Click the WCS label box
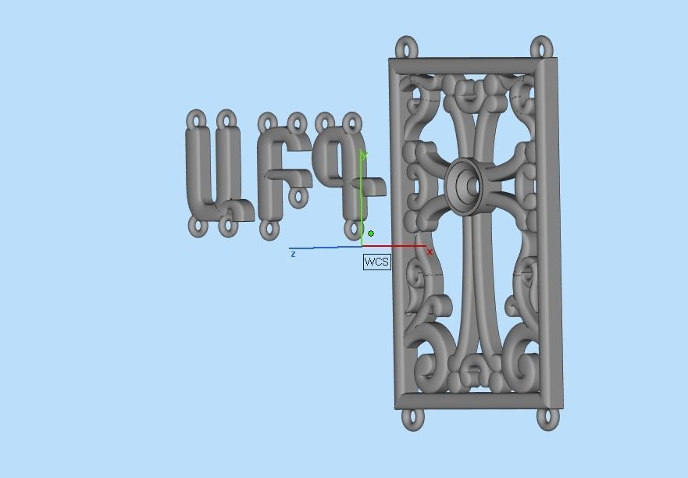(376, 262)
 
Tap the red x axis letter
(430, 252)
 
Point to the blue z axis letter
(293, 254)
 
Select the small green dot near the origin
(371, 234)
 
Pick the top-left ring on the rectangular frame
(406, 48)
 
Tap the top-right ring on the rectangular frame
(543, 46)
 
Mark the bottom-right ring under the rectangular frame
(549, 418)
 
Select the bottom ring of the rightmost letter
(351, 230)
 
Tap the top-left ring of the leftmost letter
(197, 120)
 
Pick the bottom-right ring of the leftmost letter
(226, 227)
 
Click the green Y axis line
(362, 195)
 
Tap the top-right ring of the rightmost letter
(353, 123)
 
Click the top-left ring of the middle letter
(268, 123)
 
